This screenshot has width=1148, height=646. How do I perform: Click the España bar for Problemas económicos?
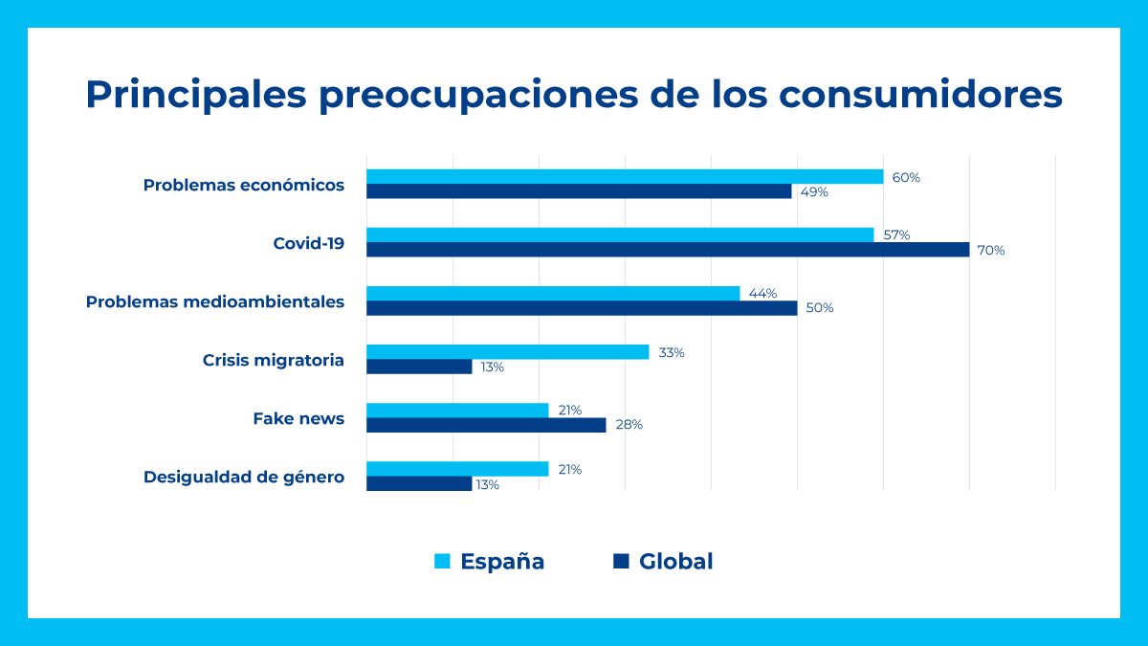tap(625, 177)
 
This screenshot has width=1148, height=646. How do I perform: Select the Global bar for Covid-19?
tap(668, 250)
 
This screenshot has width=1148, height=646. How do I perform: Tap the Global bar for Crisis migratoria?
tap(419, 367)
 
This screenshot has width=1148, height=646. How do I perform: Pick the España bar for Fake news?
tap(457, 411)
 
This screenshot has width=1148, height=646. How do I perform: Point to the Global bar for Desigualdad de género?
tap(419, 484)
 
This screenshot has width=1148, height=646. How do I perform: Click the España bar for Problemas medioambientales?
tap(553, 293)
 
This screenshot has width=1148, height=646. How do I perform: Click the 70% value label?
tap(990, 251)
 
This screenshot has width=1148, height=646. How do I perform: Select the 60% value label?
tap(905, 177)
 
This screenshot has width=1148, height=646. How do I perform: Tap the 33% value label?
tap(671, 352)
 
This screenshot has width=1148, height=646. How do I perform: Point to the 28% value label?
tap(629, 425)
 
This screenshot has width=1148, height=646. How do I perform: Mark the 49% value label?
tap(814, 191)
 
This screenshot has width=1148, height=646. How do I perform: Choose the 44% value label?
tap(762, 294)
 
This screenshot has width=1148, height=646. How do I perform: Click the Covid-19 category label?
tap(308, 243)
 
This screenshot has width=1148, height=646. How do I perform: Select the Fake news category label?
tap(298, 418)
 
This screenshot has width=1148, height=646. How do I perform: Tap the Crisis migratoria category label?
tap(273, 360)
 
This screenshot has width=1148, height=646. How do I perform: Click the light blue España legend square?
tap(442, 562)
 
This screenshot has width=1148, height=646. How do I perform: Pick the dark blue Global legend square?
tap(621, 562)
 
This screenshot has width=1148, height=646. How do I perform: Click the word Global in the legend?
tap(675, 562)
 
